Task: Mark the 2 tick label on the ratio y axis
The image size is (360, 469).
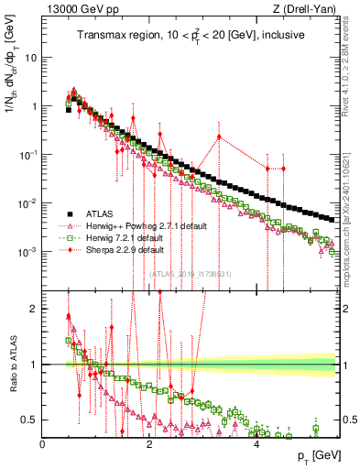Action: click(x=34, y=309)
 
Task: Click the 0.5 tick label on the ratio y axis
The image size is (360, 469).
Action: click(x=30, y=420)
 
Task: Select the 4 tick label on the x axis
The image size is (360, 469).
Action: click(x=256, y=444)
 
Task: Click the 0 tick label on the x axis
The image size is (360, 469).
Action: click(x=42, y=444)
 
